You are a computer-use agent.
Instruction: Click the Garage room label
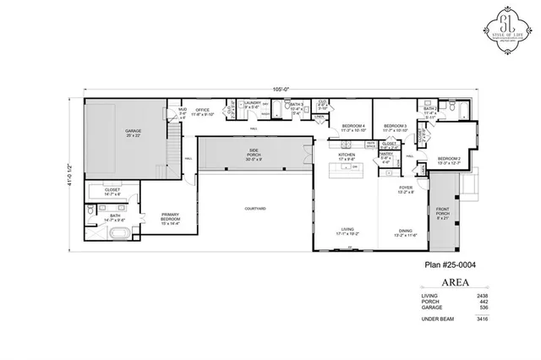(x=133, y=131)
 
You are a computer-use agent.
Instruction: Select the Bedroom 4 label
(x=352, y=127)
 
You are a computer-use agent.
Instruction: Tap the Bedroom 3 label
(x=396, y=127)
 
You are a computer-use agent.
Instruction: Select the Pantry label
(x=385, y=155)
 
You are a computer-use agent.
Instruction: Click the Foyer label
(x=406, y=188)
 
